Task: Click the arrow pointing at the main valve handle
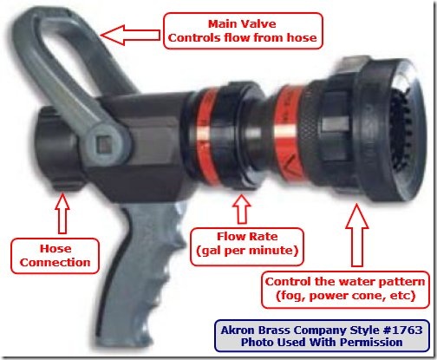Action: pos(130,35)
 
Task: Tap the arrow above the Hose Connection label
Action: pos(62,213)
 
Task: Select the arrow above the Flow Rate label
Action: pos(242,209)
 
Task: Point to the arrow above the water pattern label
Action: pos(357,235)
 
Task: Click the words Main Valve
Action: pos(242,23)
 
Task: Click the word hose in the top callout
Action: pos(302,37)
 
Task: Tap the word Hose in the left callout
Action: pos(55,248)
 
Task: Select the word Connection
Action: pos(55,262)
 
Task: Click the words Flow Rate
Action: pos(247,236)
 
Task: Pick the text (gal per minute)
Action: pos(247,251)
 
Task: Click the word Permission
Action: pos(371,343)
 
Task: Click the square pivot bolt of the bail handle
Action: pos(103,145)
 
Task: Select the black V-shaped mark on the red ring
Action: pos(292,165)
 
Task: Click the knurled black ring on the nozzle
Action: pos(314,132)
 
